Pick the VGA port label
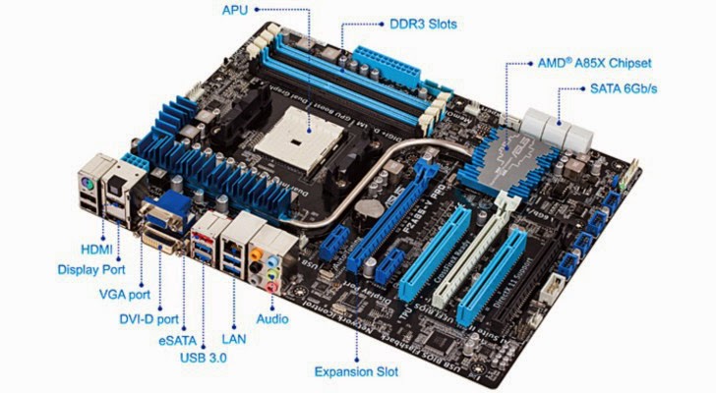coord(126,293)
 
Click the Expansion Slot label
coord(356,371)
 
